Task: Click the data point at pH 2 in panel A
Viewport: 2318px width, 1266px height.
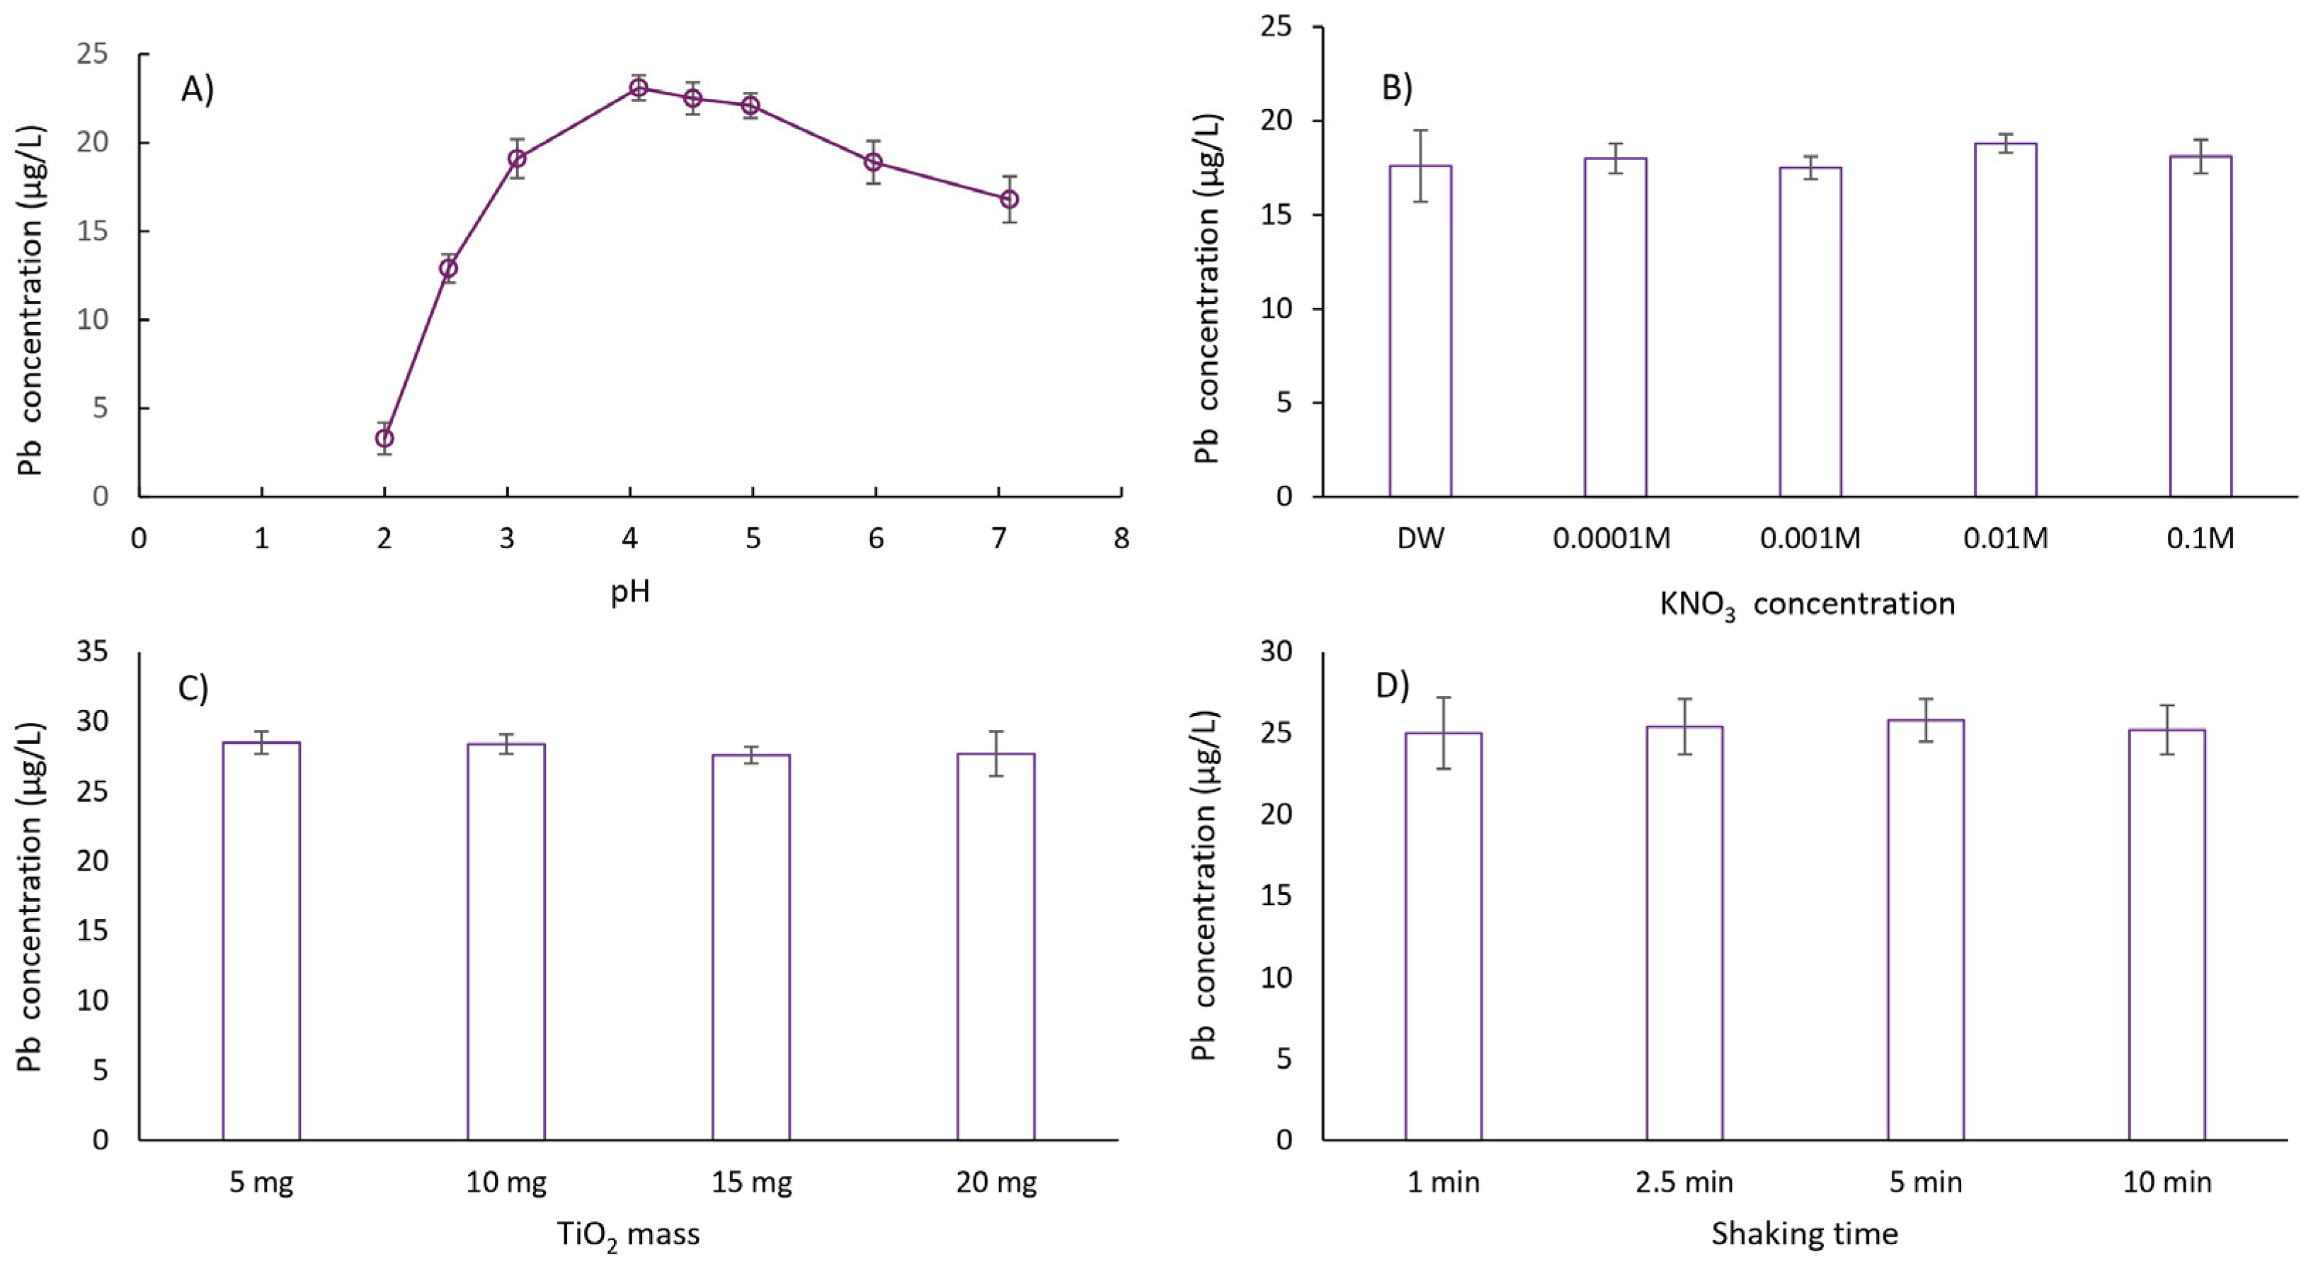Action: (384, 438)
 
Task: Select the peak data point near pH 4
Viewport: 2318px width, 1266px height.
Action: (638, 87)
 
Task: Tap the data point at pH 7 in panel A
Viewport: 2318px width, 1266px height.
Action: (1010, 199)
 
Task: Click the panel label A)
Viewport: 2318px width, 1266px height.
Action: (197, 89)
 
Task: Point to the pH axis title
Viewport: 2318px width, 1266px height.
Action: (630, 592)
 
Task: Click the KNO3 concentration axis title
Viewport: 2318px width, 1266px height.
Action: (1807, 605)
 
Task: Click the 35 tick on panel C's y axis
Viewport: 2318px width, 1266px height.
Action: (92, 651)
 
